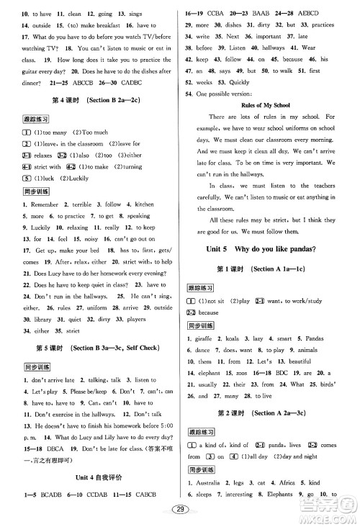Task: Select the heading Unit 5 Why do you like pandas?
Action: [x=270, y=249]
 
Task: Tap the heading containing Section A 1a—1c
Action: [x=270, y=269]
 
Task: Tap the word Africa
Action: [x=304, y=479]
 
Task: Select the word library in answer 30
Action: [x=42, y=298]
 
